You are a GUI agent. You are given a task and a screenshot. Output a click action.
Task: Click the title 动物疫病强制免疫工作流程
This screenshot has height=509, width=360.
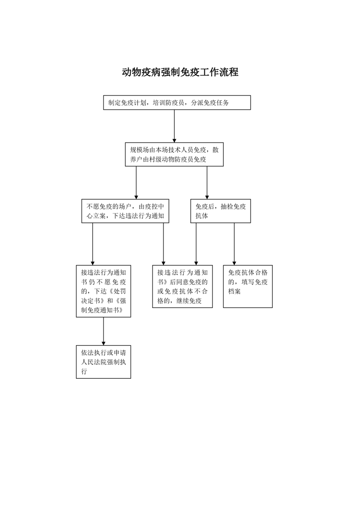click(180, 72)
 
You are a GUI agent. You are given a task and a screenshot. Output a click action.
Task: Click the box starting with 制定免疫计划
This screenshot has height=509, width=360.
click(177, 103)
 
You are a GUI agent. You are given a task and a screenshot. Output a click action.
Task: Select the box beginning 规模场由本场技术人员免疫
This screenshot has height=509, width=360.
click(174, 155)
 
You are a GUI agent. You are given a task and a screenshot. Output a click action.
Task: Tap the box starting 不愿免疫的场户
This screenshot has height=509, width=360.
click(125, 211)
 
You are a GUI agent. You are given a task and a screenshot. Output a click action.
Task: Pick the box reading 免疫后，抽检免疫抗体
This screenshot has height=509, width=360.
click(221, 211)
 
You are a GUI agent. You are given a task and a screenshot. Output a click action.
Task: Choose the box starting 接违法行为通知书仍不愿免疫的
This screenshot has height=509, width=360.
click(104, 291)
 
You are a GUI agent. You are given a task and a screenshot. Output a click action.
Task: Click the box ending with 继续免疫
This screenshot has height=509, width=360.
click(182, 286)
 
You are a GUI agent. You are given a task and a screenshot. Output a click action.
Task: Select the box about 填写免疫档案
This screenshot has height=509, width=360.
click(248, 286)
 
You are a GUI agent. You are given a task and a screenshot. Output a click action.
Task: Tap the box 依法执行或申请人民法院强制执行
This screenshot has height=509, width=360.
click(104, 362)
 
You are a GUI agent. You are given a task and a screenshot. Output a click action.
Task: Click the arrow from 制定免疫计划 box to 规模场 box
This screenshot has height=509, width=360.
click(174, 126)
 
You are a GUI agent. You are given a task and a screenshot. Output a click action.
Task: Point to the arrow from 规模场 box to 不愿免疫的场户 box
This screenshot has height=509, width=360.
click(136, 183)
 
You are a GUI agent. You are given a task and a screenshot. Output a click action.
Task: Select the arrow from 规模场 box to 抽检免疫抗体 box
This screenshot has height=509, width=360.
click(207, 183)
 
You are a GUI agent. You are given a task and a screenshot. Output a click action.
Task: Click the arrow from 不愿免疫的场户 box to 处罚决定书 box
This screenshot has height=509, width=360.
click(93, 244)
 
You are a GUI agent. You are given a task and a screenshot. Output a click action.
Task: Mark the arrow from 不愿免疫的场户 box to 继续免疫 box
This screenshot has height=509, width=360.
click(163, 244)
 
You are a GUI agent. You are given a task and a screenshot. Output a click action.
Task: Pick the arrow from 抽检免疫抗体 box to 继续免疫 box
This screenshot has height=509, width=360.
click(196, 244)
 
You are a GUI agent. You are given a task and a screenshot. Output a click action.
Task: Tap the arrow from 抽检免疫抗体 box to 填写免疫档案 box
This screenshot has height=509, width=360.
click(234, 244)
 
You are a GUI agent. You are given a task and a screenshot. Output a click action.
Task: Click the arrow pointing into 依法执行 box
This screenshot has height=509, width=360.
click(104, 332)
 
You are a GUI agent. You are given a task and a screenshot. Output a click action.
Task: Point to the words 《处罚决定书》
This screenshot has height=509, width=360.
click(104, 296)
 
